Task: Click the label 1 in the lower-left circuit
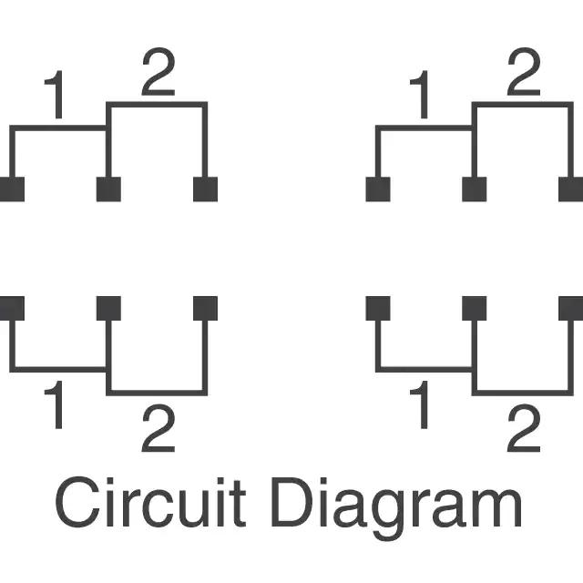pos(56,407)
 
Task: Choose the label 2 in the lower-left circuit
pos(158,430)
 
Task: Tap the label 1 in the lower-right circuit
pos(421,407)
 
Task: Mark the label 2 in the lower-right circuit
pos(522,430)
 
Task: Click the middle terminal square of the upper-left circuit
pos(108,189)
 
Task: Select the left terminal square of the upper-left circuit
pos(12,189)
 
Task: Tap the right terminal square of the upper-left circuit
pos(206,189)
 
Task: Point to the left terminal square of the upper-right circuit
pos(377,189)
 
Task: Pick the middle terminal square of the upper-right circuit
pos(474,189)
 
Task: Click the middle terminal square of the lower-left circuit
pos(108,308)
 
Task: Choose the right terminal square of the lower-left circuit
pos(206,308)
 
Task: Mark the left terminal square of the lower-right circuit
pos(377,308)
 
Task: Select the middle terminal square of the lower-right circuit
pos(474,308)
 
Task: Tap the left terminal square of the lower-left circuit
pos(12,308)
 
